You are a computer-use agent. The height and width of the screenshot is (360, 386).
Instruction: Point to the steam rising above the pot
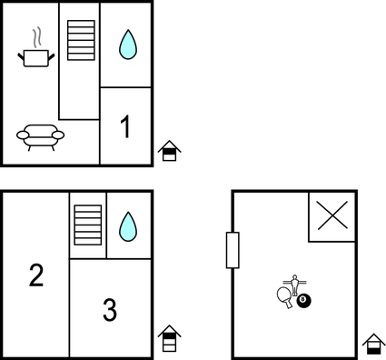pos(37,37)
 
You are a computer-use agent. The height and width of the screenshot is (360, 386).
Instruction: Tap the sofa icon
pos(41,136)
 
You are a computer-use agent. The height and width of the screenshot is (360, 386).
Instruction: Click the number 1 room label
pos(125,127)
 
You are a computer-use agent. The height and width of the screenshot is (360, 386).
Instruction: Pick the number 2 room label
pos(36,275)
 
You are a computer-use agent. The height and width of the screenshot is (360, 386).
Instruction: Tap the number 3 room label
pos(110,311)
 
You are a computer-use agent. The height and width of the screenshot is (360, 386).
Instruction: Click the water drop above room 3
pos(128,225)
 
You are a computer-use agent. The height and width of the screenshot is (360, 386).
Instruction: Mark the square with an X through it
pos(332,216)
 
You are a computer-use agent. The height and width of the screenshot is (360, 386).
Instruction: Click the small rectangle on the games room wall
pos(233,250)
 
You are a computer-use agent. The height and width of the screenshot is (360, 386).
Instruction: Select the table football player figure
pos(293,282)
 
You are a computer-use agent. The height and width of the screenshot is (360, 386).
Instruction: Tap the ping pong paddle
pos(282,295)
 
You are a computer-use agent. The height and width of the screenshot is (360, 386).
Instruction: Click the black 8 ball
pos(303,301)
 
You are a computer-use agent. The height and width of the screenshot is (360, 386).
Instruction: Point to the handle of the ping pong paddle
pos(289,305)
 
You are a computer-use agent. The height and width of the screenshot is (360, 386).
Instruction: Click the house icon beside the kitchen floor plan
pos(169,151)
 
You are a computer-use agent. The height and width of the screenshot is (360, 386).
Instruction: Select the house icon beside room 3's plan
pos(169,339)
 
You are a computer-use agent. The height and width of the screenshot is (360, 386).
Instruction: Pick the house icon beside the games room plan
pos(372,345)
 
